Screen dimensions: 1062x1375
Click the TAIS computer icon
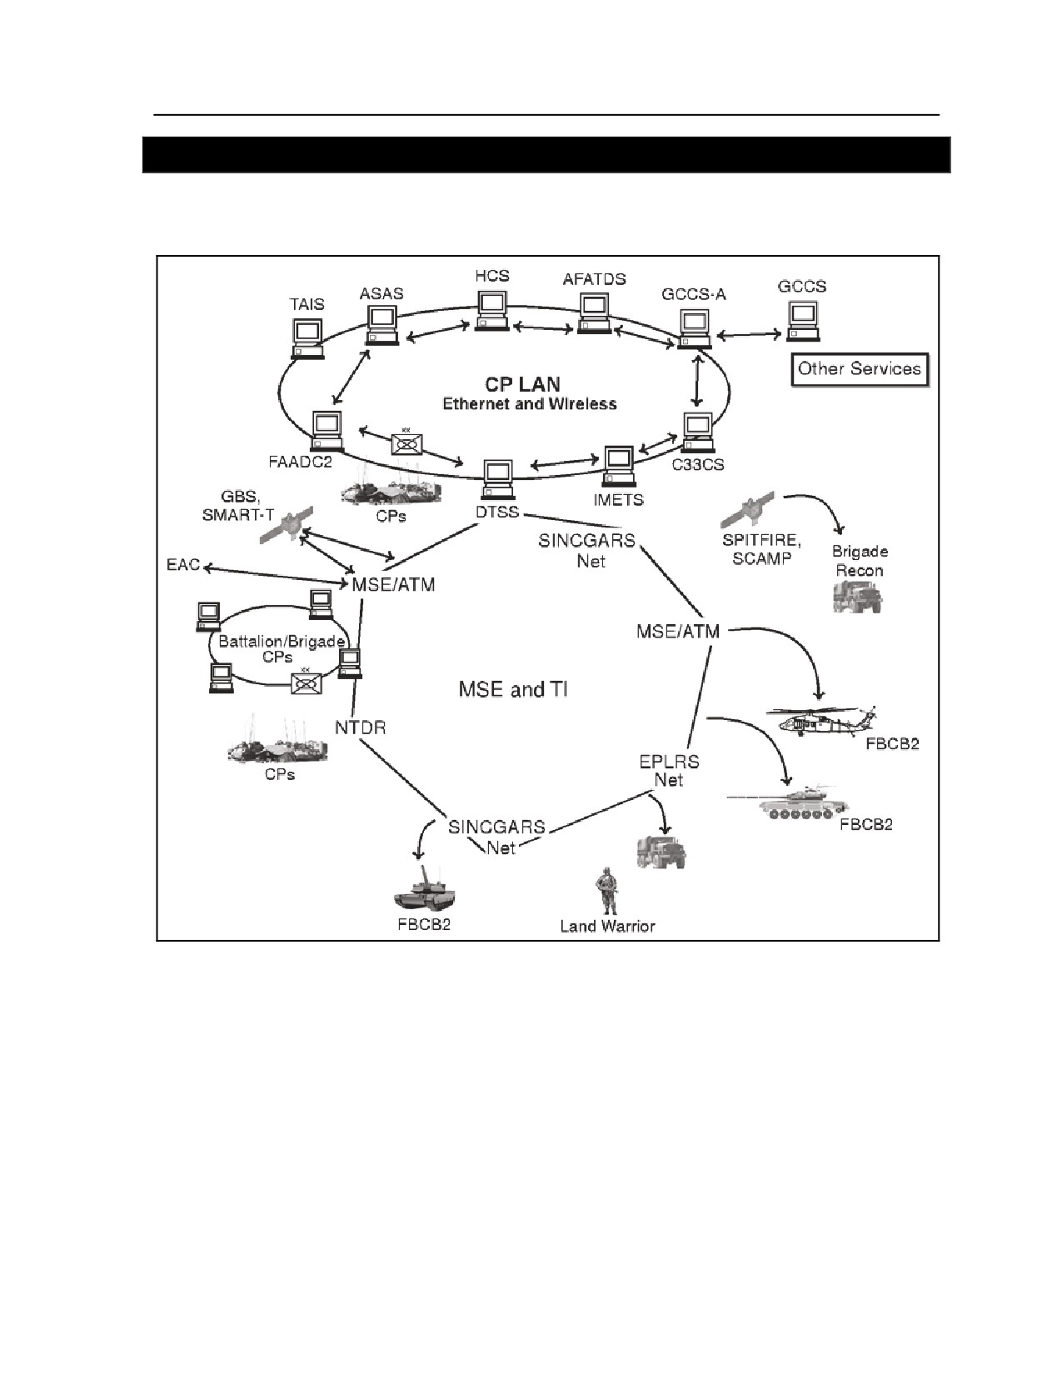308,338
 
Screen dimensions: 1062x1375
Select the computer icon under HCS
493,310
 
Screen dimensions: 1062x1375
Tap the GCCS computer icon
804,321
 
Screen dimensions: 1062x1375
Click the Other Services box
860,369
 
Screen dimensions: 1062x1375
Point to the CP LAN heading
522,384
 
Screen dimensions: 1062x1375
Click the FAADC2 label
301,462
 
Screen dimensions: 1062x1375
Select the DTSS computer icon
498,479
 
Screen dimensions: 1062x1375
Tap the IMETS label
618,500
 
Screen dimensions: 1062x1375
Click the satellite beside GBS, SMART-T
288,524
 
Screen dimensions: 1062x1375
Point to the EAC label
182,564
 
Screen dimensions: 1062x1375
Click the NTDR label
360,727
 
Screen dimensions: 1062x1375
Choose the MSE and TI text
513,689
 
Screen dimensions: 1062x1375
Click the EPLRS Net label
669,771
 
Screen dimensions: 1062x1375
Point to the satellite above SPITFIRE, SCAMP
748,509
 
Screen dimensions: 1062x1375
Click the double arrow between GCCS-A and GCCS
749,335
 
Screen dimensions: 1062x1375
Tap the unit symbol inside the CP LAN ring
406,444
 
